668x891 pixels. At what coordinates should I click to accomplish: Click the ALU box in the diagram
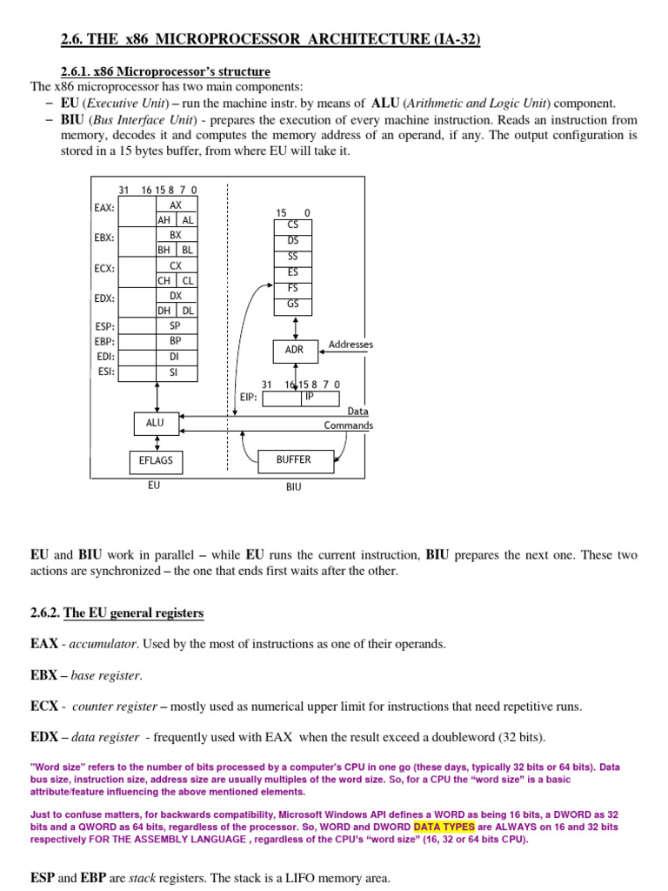[156, 423]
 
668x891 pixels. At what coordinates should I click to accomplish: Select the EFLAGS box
[156, 460]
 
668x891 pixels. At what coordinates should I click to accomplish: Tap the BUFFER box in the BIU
[293, 459]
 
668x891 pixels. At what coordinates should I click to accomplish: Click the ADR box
[294, 350]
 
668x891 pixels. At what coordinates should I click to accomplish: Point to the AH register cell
[165, 221]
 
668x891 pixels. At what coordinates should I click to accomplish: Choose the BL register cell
[187, 250]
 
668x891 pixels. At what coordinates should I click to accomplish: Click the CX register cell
[176, 265]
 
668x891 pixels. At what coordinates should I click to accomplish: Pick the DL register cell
[187, 311]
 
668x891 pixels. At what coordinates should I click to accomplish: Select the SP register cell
[176, 325]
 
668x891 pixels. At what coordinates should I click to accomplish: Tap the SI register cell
[176, 372]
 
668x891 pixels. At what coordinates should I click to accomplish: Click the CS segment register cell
[293, 224]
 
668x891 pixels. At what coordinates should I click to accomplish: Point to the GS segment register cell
[293, 304]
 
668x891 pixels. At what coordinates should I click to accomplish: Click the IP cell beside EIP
[309, 397]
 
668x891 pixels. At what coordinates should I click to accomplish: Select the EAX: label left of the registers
[104, 208]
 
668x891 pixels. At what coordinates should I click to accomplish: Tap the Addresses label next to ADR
[351, 345]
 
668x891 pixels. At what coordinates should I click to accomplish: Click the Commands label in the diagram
[348, 425]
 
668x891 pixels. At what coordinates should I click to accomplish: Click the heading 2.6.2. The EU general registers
[117, 613]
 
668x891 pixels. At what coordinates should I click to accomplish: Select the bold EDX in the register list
[43, 737]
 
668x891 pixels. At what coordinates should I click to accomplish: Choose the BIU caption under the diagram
[293, 487]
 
